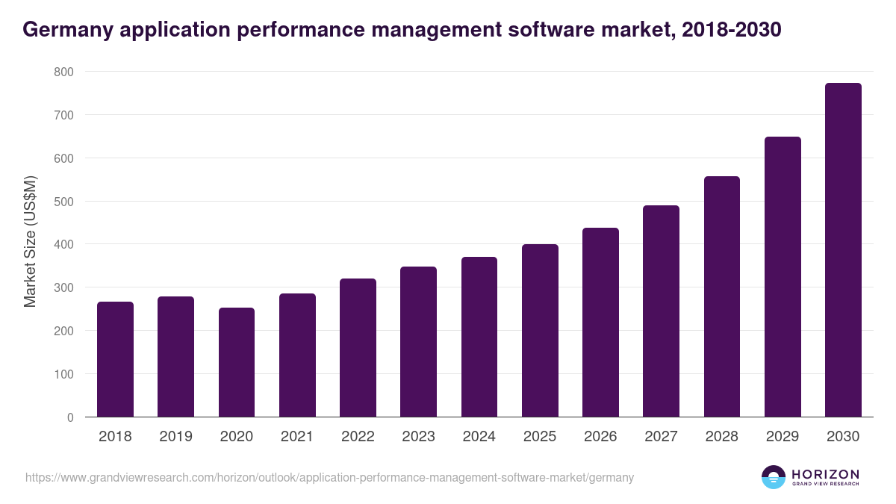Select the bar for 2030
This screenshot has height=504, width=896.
point(843,250)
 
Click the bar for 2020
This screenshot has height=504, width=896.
point(237,362)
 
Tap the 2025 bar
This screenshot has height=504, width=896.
point(540,330)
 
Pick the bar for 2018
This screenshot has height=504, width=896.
point(115,359)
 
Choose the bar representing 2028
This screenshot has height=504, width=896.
point(722,296)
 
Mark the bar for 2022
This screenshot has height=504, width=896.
point(358,347)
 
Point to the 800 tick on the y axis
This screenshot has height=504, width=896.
point(63,72)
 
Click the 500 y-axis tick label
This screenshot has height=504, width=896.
point(63,202)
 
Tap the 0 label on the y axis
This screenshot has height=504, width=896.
point(70,417)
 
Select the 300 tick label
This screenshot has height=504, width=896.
point(63,287)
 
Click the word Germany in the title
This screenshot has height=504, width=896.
point(62,30)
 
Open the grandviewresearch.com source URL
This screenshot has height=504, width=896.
point(329,477)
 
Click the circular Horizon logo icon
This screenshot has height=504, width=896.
point(773,477)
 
